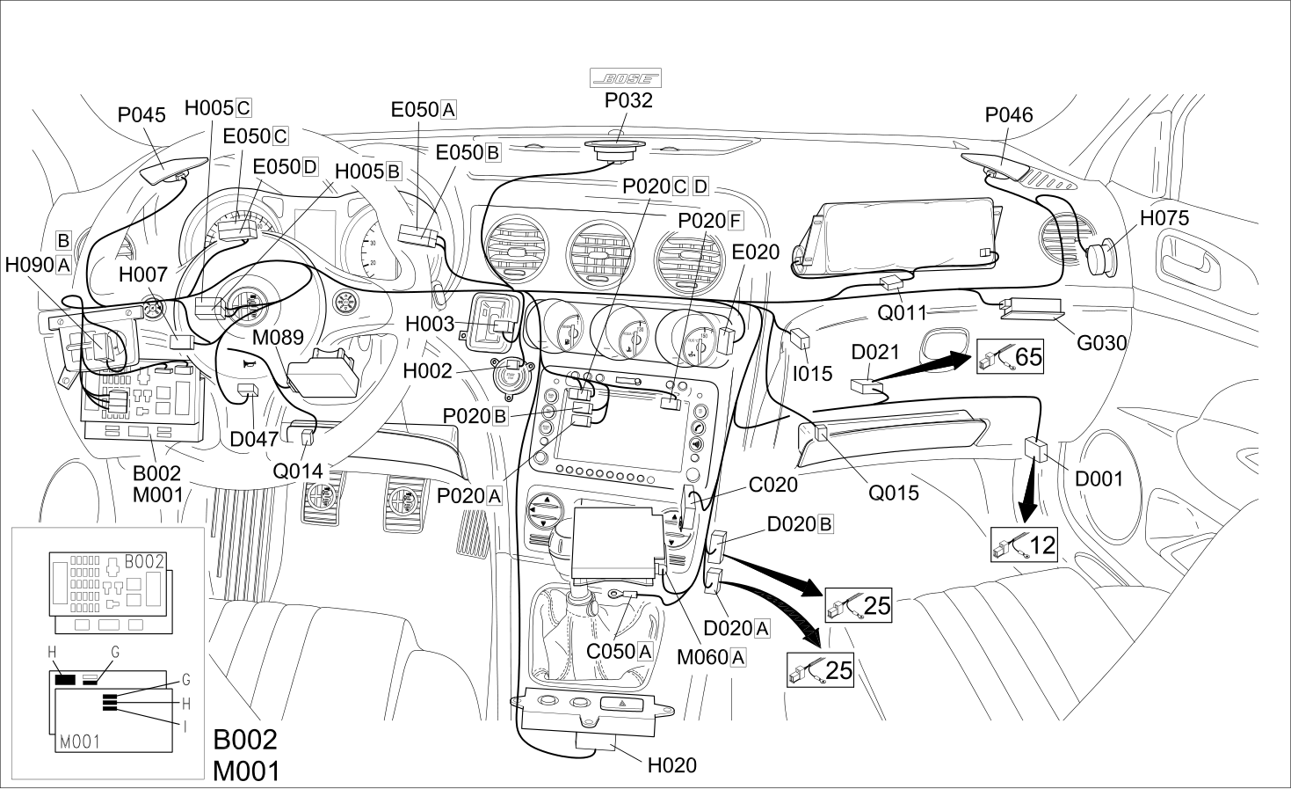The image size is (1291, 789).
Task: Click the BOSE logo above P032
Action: [x=626, y=78]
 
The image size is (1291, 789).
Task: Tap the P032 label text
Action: [x=628, y=100]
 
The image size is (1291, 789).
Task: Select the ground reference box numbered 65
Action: [x=1010, y=356]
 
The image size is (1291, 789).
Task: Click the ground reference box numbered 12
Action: [x=1024, y=544]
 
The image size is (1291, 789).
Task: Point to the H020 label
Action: [x=672, y=765]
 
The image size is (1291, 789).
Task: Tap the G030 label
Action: [x=1101, y=343]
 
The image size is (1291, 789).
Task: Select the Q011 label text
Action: [x=902, y=313]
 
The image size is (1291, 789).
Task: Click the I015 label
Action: [x=813, y=374]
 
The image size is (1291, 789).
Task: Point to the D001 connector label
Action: [x=1099, y=479]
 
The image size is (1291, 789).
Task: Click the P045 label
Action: [x=141, y=114]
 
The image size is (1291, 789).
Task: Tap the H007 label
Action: [x=143, y=274]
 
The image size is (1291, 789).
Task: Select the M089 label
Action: [x=278, y=338]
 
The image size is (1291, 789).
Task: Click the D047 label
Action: [x=254, y=440]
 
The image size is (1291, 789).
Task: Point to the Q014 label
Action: [x=297, y=471]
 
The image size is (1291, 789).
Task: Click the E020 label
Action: [x=755, y=252]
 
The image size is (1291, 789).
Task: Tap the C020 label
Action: [x=772, y=485]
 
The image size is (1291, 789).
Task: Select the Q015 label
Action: [x=893, y=493]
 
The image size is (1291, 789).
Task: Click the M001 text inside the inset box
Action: [x=80, y=742]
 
